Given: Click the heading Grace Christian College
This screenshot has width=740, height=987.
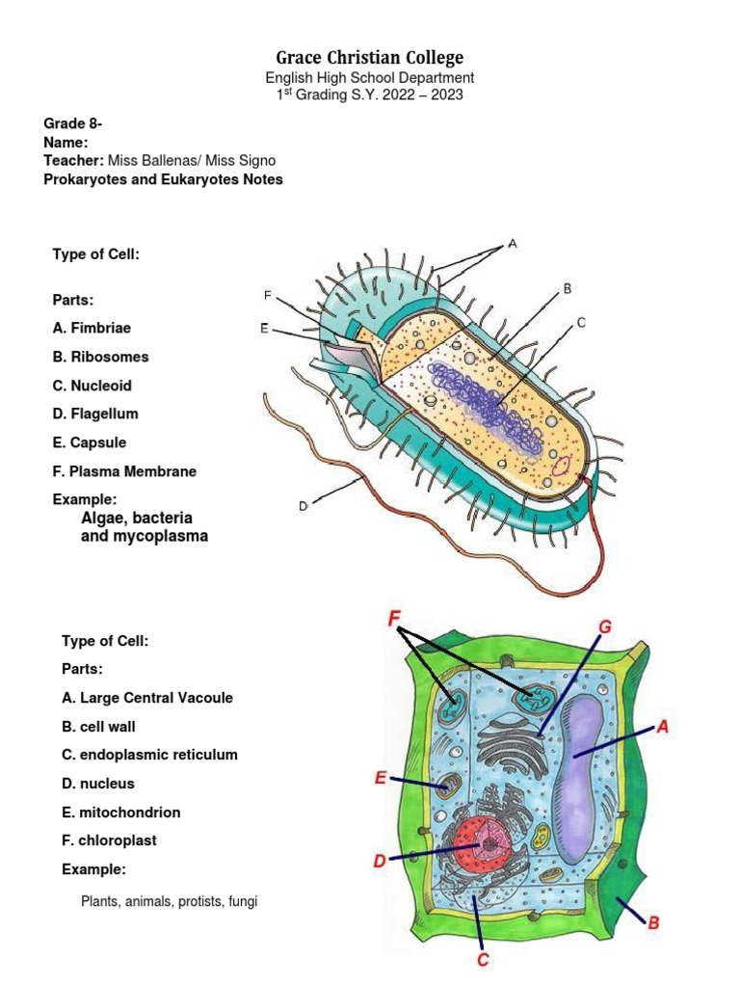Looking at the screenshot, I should pyautogui.click(x=370, y=58).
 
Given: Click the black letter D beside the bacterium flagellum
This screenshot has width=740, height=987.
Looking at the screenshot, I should pyautogui.click(x=303, y=504).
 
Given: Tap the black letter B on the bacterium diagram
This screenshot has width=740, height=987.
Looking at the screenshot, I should pyautogui.click(x=568, y=287).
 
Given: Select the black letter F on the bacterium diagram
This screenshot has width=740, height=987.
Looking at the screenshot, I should pyautogui.click(x=267, y=294).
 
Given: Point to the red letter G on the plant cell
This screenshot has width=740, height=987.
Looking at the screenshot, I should pyautogui.click(x=604, y=627).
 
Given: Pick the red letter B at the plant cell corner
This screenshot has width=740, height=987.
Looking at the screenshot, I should pyautogui.click(x=653, y=921).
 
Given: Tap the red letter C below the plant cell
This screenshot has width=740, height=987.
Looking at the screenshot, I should pyautogui.click(x=484, y=959).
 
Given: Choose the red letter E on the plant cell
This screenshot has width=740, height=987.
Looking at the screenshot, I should pyautogui.click(x=382, y=777).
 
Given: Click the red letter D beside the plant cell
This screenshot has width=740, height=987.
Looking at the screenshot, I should pyautogui.click(x=380, y=861).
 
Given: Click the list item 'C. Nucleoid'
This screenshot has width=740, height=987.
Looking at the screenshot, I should pyautogui.click(x=92, y=386).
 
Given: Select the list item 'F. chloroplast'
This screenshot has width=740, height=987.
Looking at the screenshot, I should pyautogui.click(x=109, y=840).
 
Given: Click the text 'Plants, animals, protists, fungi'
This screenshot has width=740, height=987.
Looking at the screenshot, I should pyautogui.click(x=170, y=902).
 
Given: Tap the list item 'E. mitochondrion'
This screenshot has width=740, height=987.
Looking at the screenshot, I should pyautogui.click(x=121, y=813).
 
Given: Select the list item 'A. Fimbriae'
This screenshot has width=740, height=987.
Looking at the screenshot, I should pyautogui.click(x=92, y=328).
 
